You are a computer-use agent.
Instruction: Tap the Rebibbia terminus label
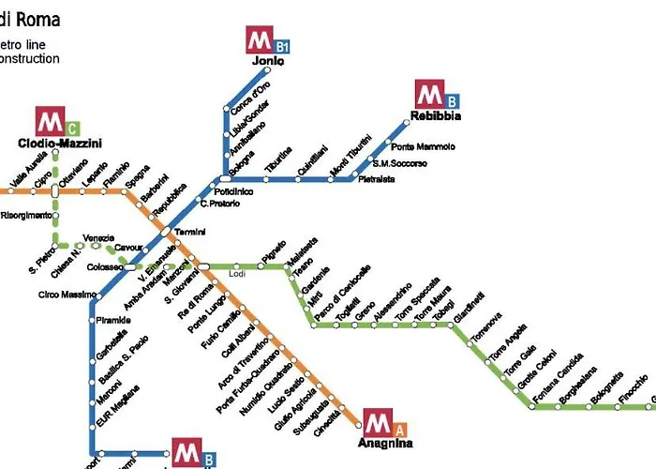click(436, 116)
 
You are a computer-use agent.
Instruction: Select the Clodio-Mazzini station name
click(59, 144)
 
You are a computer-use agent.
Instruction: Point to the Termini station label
click(189, 232)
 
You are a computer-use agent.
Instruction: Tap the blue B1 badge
click(281, 45)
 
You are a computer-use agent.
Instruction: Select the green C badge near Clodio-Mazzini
click(72, 128)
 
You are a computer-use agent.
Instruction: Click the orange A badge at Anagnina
click(399, 430)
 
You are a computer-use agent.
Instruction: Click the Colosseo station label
click(104, 267)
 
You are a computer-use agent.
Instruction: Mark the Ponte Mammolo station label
click(423, 147)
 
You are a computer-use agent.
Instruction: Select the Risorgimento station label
click(26, 215)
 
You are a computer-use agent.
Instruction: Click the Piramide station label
click(113, 320)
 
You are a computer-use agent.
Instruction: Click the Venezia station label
click(97, 236)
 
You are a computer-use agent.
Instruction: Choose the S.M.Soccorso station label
click(400, 163)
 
